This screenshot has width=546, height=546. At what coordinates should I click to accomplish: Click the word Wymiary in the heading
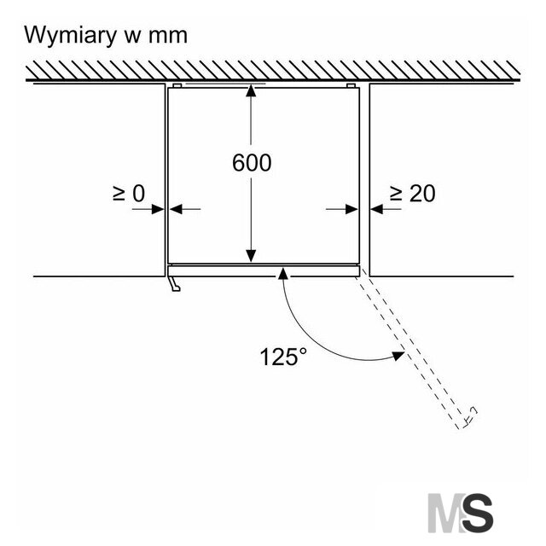pos(70,36)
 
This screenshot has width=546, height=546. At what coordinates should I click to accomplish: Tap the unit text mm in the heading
pos(168,37)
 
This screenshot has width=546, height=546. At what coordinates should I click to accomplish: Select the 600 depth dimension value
pos(252,163)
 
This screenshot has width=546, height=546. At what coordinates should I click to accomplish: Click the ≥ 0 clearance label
pos(129,194)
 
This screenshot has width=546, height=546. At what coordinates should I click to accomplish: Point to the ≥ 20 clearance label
pos(412,194)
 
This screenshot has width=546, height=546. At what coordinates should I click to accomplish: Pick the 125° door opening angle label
pos(283,357)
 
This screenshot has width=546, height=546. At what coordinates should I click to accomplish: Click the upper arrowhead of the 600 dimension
pos(251,90)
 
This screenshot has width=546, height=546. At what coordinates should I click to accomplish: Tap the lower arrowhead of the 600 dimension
pos(251,256)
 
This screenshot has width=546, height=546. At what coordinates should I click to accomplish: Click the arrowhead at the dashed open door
pos(398,356)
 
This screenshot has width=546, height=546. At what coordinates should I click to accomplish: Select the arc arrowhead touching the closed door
pos(283,274)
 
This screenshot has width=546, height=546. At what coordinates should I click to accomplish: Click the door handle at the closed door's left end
pos(174,283)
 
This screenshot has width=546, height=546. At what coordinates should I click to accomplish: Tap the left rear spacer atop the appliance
pos(177,85)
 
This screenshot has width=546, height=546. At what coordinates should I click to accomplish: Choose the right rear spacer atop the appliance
pos(351,85)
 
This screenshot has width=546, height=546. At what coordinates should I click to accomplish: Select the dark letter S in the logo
pos(478,513)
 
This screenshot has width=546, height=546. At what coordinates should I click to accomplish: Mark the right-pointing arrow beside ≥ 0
pos(148,209)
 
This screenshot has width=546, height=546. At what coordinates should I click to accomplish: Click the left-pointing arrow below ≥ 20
pos(386,209)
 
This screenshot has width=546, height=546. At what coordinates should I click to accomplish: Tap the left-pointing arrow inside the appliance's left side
pos(185,209)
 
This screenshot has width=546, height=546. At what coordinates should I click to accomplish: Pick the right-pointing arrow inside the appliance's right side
pos(342,209)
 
